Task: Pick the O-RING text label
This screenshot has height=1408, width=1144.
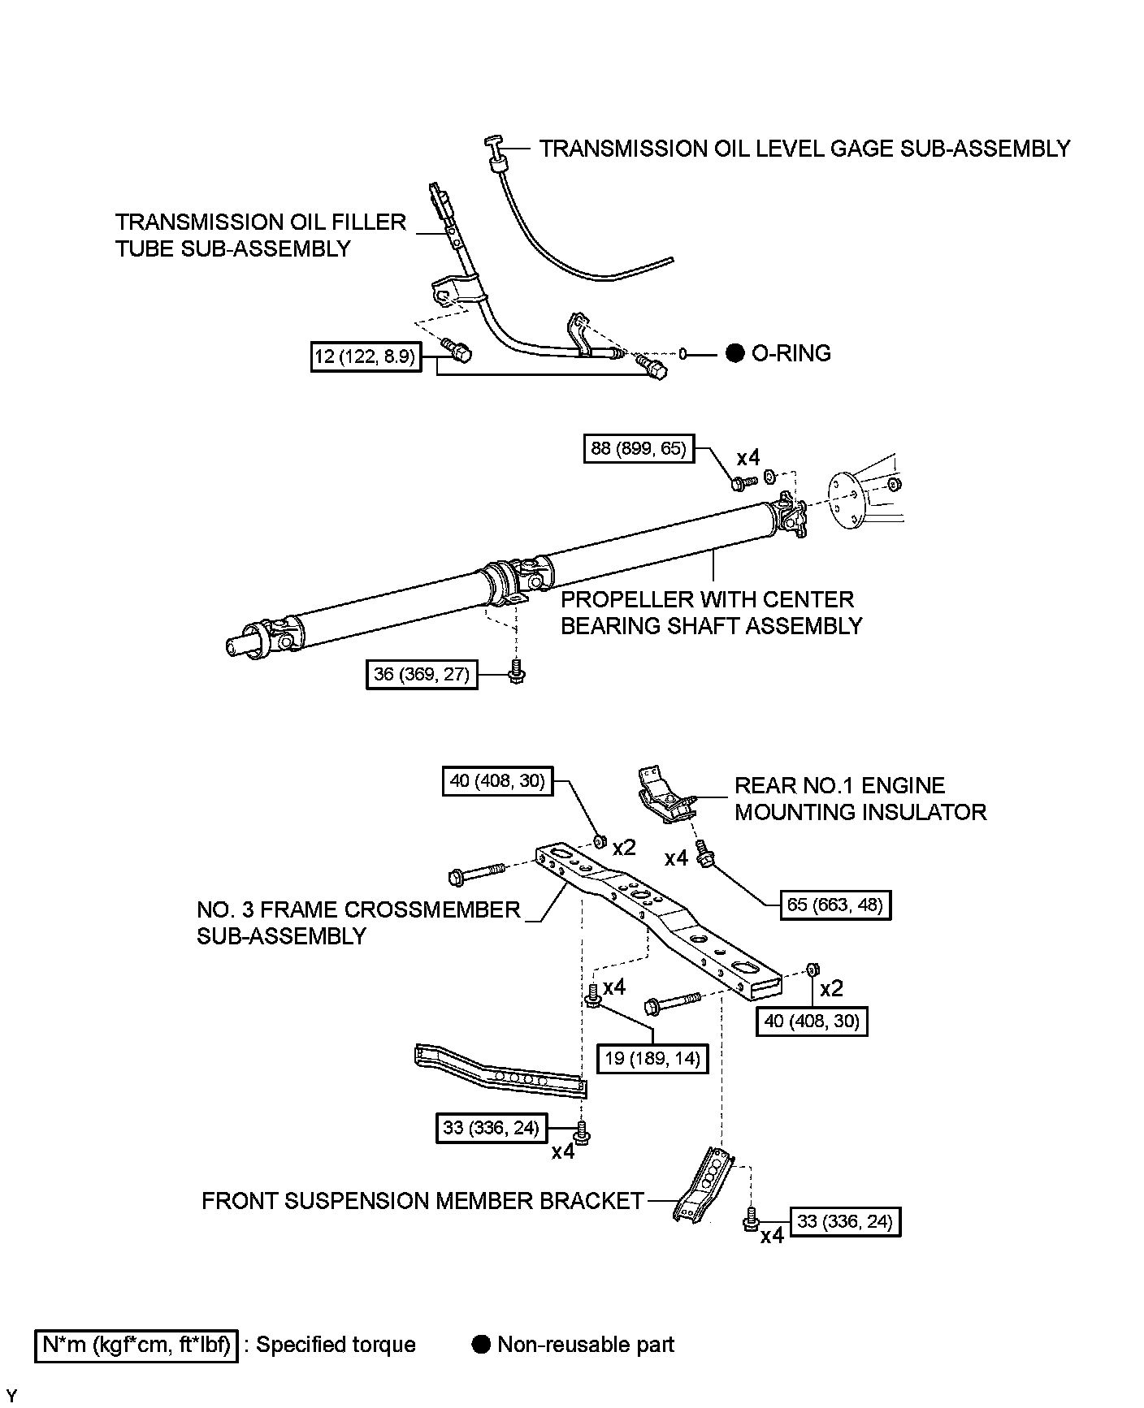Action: tap(791, 353)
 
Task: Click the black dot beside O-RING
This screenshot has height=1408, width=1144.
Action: tap(734, 353)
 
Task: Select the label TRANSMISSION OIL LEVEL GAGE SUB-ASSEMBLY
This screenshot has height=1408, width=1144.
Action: tap(804, 149)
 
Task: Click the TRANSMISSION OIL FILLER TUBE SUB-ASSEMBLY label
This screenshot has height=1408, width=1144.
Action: tap(260, 235)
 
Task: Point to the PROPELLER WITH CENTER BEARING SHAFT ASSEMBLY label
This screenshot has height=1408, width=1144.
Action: tap(711, 612)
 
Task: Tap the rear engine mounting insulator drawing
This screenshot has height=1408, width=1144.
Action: tap(665, 795)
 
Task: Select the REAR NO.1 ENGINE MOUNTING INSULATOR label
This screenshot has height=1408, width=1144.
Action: tap(860, 798)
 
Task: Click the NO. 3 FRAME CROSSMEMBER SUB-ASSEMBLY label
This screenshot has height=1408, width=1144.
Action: tap(357, 922)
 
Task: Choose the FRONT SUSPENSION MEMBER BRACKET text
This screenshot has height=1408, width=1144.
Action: tap(422, 1201)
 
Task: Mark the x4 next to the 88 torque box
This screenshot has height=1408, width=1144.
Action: tap(748, 457)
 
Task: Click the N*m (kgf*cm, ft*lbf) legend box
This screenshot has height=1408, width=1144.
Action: tap(136, 1345)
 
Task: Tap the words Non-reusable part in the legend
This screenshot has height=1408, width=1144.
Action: tap(585, 1345)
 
